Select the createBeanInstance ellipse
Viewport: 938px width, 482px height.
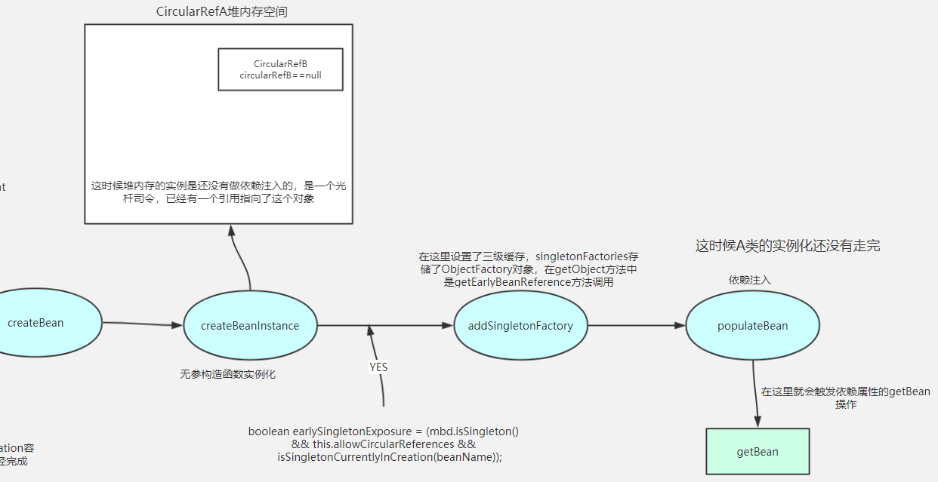pyautogui.click(x=250, y=326)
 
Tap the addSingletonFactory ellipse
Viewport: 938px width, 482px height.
pyautogui.click(x=520, y=326)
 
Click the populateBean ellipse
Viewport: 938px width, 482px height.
pyautogui.click(x=752, y=326)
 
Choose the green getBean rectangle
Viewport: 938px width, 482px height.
pyautogui.click(x=757, y=451)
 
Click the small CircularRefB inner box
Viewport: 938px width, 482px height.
pyautogui.click(x=280, y=69)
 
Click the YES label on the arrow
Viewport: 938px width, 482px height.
pyautogui.click(x=378, y=367)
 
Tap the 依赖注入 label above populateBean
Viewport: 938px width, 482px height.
pyautogui.click(x=749, y=281)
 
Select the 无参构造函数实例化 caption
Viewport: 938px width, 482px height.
pyautogui.click(x=227, y=374)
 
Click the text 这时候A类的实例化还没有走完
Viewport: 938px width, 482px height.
pyautogui.click(x=788, y=246)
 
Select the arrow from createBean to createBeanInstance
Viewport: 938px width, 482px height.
pyautogui.click(x=142, y=324)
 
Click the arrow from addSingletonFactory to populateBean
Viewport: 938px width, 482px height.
pyautogui.click(x=636, y=326)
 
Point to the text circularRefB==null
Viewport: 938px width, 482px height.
pyautogui.click(x=280, y=75)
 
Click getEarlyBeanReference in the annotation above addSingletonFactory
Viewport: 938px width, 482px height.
pyautogui.click(x=512, y=282)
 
